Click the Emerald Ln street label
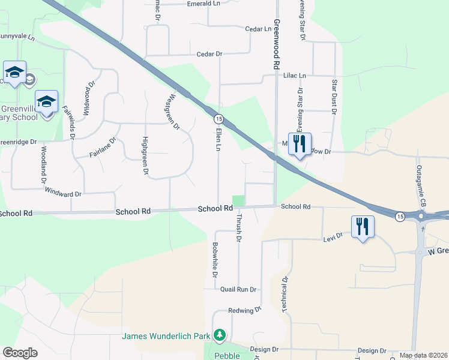click(203, 4)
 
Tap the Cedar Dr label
click(209, 54)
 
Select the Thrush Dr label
click(238, 228)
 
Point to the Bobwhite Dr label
click(214, 259)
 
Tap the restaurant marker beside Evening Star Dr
click(300, 143)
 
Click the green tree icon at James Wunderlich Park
click(220, 334)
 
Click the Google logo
click(20, 353)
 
